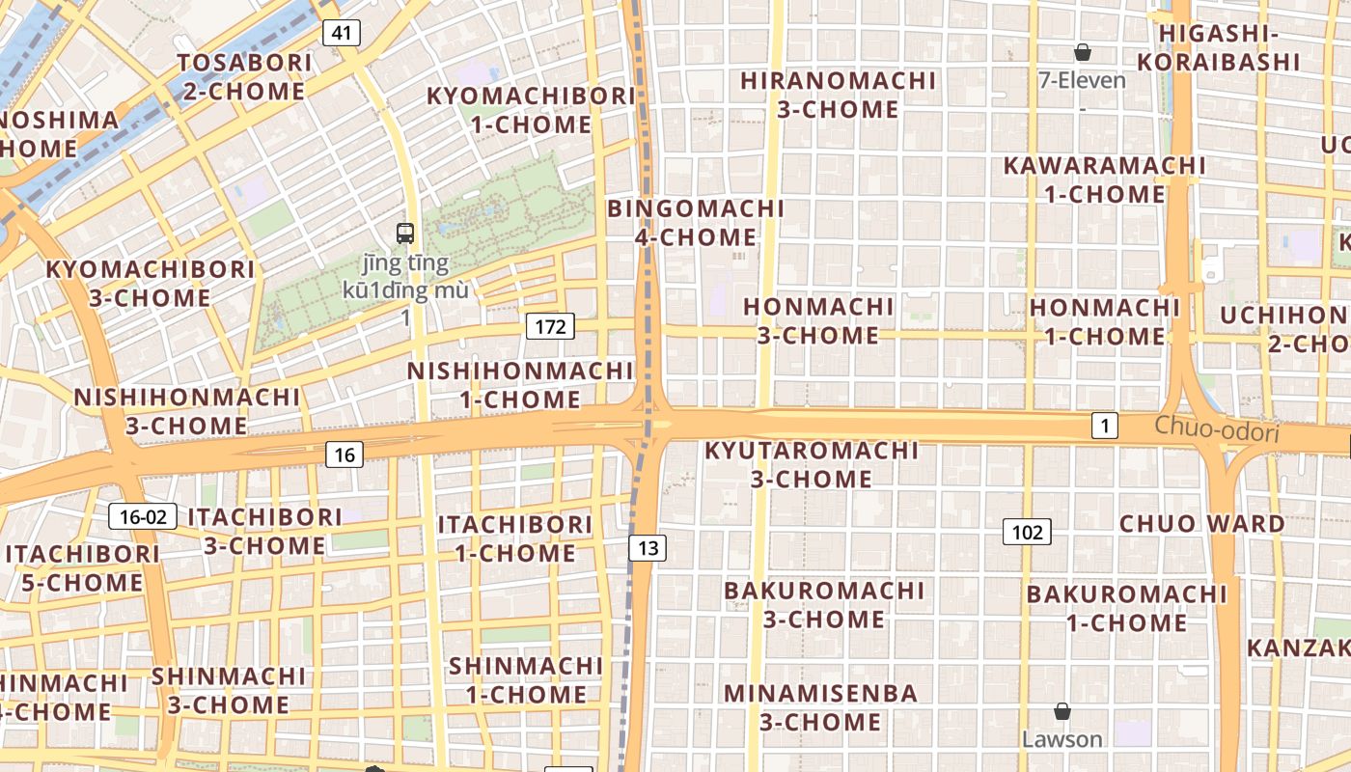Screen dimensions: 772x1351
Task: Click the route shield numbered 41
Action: [341, 33]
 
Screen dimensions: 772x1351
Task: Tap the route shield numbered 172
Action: [550, 326]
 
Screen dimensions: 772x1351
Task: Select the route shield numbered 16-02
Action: [143, 516]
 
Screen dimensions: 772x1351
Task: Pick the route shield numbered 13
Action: [648, 548]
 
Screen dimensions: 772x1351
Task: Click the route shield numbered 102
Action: [1027, 532]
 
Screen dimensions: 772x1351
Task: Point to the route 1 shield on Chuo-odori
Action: [1105, 425]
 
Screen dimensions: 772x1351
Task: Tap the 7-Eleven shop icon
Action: [1083, 52]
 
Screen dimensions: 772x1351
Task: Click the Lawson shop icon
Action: [1062, 712]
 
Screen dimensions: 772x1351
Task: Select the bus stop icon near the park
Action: [405, 233]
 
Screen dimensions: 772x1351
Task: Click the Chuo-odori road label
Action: [1217, 429]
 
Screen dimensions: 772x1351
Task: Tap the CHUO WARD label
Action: [1201, 524]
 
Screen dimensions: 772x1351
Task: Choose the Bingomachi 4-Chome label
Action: [696, 223]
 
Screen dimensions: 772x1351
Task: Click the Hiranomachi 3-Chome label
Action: [839, 95]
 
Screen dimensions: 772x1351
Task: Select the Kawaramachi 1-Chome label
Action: [1105, 179]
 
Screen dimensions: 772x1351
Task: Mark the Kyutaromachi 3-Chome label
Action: [812, 464]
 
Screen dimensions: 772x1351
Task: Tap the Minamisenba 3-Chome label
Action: [820, 707]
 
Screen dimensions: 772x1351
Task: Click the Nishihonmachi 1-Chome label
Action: [520, 385]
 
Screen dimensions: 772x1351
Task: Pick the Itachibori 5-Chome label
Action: [81, 568]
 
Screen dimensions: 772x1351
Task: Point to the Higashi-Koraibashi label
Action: [1218, 47]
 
